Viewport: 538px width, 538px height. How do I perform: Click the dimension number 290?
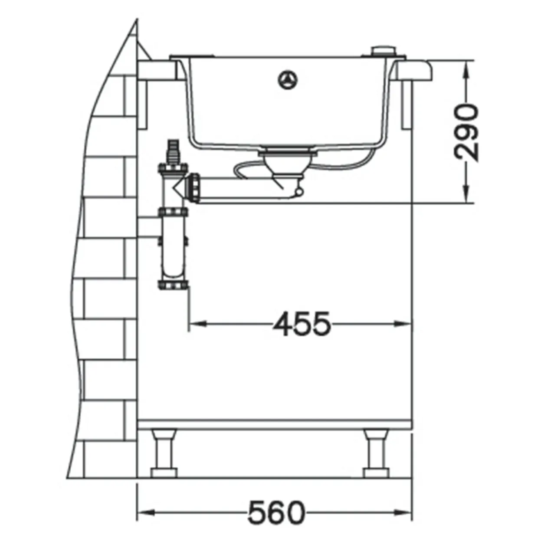click(466, 132)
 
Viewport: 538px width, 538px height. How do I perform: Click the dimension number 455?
click(302, 324)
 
